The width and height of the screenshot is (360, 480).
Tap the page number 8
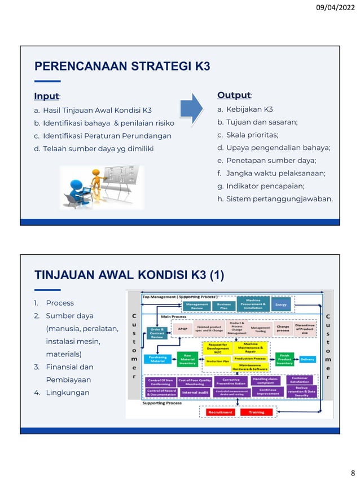pyautogui.click(x=352, y=472)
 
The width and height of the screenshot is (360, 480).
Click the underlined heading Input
pyautogui.click(x=47, y=96)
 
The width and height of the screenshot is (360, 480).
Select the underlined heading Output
pyautogui.click(x=234, y=95)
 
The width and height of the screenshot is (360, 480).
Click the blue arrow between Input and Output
pyautogui.click(x=191, y=109)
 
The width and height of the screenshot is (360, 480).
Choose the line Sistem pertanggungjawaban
pyautogui.click(x=279, y=199)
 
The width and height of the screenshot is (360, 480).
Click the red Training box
pyautogui.click(x=256, y=412)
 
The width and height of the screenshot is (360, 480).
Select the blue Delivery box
pyautogui.click(x=308, y=359)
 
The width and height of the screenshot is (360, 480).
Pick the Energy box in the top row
pyautogui.click(x=281, y=305)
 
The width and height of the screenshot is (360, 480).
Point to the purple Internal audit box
pyautogui.click(x=195, y=391)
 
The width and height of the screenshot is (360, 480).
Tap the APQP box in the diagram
pyautogui.click(x=182, y=327)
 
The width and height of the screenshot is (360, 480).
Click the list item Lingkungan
pyautogui.click(x=67, y=393)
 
